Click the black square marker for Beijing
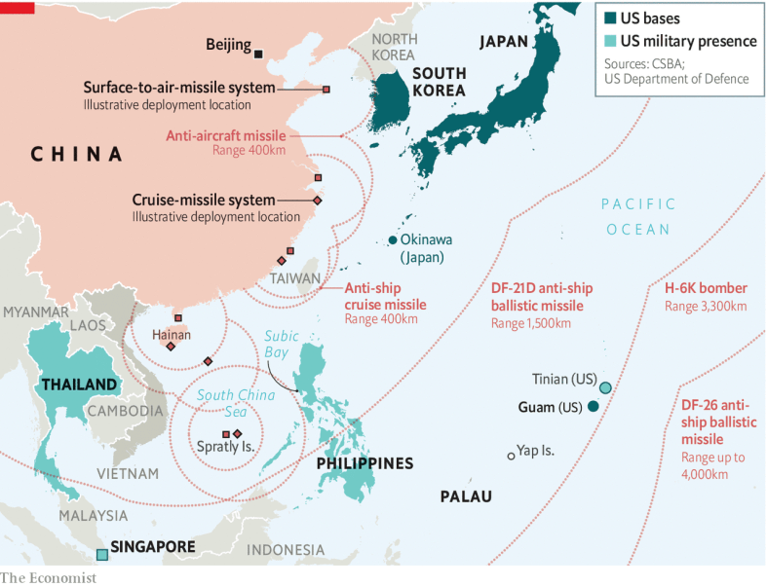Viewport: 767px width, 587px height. coord(259,46)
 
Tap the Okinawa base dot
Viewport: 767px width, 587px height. coord(393,240)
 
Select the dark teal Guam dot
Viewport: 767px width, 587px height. coord(593,406)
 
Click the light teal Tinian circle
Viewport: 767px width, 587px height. coord(605,388)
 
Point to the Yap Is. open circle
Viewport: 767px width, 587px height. coord(510,455)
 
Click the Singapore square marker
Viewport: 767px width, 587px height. coord(101,555)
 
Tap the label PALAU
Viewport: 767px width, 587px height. coord(466,496)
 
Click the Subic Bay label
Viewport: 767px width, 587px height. coord(283,343)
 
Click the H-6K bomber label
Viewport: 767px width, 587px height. coord(706,288)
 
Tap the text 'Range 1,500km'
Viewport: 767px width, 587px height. coord(533,322)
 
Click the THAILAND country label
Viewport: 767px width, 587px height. coord(79,385)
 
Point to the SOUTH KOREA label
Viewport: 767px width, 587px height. coord(439,82)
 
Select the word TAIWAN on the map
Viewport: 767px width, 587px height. coord(296,279)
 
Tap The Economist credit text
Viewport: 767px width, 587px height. coord(49,577)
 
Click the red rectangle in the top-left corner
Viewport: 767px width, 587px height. coord(18,7)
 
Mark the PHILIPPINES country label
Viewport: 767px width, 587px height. coord(364,463)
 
